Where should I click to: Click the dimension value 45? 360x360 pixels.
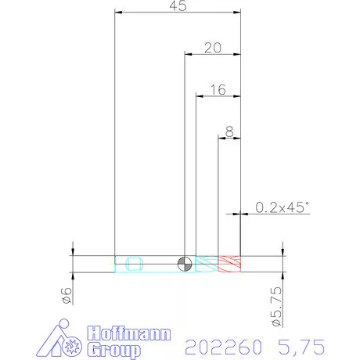coord(178,5)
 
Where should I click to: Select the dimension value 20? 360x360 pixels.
coord(213,48)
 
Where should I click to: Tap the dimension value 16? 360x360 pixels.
coord(218,90)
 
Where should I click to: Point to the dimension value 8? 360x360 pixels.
coord(229,131)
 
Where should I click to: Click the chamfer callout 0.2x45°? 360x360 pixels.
coord(282,207)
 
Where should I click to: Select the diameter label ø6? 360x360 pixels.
coord(67,296)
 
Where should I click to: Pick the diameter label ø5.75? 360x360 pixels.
coord(277,307)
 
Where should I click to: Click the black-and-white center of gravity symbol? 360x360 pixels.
coord(185,264)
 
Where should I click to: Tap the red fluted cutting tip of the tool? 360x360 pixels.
coord(229,264)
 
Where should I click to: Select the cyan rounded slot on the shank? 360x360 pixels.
coord(135,264)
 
